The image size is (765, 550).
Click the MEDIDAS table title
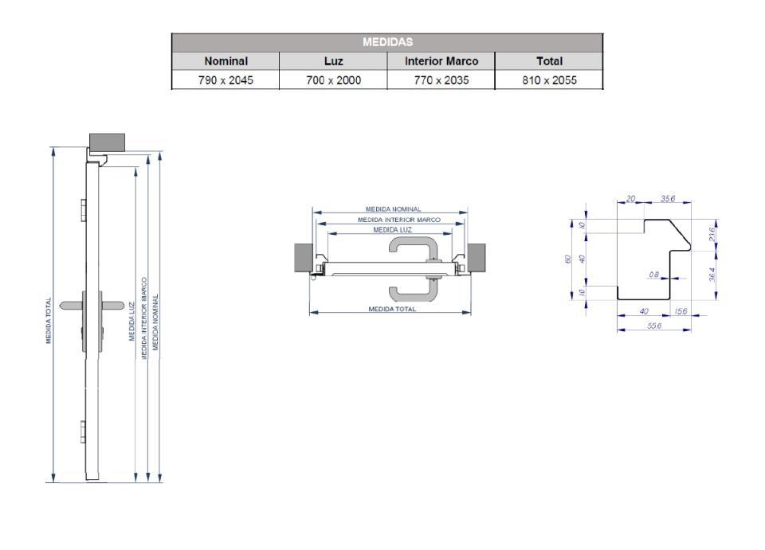386,42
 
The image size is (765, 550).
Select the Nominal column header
226,60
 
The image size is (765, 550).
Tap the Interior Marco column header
441,60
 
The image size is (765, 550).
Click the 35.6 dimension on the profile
668,199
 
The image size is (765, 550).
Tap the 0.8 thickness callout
653,275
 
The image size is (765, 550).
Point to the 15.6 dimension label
681,311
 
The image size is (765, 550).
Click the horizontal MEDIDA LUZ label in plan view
392,230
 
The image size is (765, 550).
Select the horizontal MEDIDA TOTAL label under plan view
391,309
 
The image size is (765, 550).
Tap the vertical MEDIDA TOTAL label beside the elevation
49,321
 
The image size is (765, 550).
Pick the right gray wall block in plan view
477,256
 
